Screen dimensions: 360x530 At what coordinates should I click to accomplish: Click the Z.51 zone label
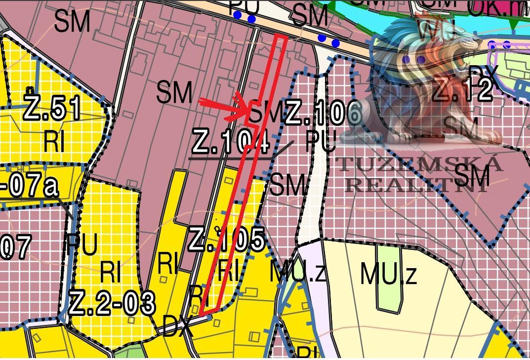tap(52, 108)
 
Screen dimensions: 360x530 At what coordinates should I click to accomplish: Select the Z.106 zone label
tap(324, 113)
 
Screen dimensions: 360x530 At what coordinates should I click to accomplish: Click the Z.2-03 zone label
tap(112, 302)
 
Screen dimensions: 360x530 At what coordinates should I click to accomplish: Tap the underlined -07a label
tap(30, 187)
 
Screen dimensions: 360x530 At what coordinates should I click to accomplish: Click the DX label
tap(178, 326)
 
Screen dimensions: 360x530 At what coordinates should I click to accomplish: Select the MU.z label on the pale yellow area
tap(389, 274)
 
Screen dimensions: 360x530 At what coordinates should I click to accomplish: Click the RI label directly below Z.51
tap(54, 141)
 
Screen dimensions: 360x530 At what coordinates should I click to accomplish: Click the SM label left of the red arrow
tap(174, 93)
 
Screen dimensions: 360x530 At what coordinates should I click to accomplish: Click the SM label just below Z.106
tap(288, 185)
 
